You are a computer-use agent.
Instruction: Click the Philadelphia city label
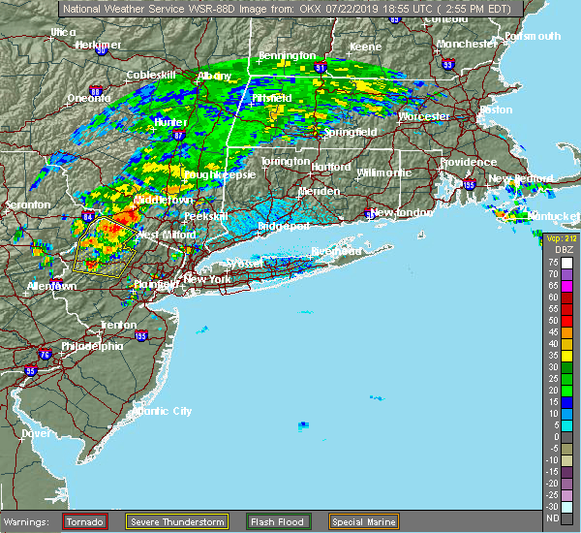[92, 346]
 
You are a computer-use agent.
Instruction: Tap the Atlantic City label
[163, 411]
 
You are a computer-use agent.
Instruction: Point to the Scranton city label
[26, 205]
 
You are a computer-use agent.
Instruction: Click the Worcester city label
[424, 116]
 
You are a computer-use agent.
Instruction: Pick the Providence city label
[468, 163]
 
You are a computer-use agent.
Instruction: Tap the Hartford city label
[331, 167]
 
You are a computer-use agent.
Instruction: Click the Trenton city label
[118, 325]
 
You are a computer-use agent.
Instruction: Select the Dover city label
[36, 433]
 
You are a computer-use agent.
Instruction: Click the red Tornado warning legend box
[85, 521]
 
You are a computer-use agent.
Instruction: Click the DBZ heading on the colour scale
[556, 250]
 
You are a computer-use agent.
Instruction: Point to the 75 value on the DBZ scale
[552, 262]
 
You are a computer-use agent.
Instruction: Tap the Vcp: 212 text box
[560, 238]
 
